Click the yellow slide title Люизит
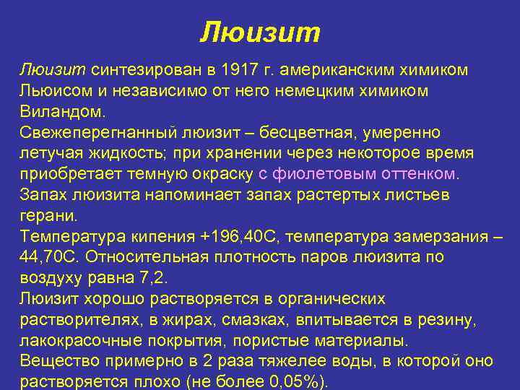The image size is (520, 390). pyautogui.click(x=259, y=32)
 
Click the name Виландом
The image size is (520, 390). pyautogui.click(x=62, y=112)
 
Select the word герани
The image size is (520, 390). pyautogui.click(x=44, y=215)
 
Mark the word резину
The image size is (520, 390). pyautogui.click(x=446, y=320)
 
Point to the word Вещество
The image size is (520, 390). pyautogui.click(x=56, y=361)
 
